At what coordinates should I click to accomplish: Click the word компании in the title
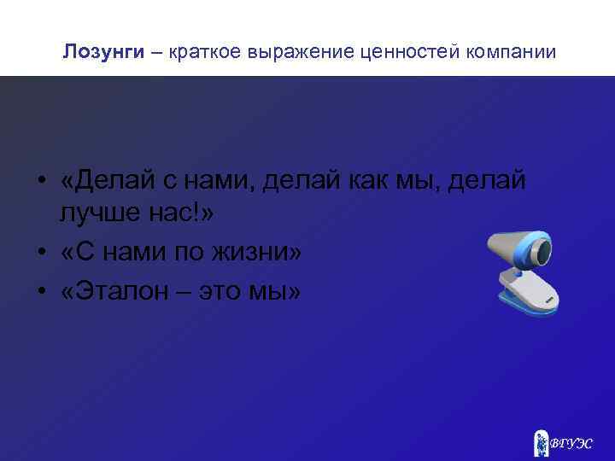click(512, 52)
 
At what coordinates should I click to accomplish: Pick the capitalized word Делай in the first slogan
click(102, 181)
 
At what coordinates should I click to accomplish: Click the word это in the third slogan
click(221, 290)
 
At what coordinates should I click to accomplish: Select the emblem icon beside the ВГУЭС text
click(541, 441)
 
